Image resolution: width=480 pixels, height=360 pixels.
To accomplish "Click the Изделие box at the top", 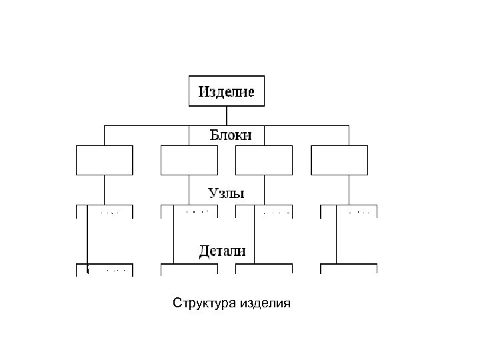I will point(227,91).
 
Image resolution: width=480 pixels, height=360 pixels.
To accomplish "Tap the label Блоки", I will point(231,135).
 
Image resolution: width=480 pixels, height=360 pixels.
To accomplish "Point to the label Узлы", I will point(226,193).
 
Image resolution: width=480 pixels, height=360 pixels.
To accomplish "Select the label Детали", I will point(223,251).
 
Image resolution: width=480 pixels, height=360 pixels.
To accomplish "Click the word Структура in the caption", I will point(207,304).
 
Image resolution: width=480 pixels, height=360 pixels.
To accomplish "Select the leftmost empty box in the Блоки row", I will point(105,160).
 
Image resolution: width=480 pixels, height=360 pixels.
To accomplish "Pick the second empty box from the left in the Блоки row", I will point(189,160).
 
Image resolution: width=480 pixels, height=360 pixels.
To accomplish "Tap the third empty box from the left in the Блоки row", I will point(264,160).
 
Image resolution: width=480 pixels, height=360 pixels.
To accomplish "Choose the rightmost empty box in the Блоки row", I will point(339,160).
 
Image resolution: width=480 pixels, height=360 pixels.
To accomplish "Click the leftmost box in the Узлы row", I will point(105,212).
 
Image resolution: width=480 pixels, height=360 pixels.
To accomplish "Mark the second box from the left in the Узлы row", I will point(189,212).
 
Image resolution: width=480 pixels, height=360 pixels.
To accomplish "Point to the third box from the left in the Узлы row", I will point(264,212).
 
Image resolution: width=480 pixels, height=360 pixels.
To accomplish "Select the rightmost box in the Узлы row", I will point(349,212).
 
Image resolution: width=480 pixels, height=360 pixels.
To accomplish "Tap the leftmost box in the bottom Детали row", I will point(105,270).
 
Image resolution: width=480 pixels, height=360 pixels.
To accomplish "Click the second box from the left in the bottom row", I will point(189,270).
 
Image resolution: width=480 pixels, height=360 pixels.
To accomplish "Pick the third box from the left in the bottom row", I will point(264,270).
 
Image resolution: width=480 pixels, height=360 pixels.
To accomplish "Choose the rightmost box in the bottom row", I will point(349,270).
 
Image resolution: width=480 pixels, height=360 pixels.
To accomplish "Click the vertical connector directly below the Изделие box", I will point(227,115).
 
